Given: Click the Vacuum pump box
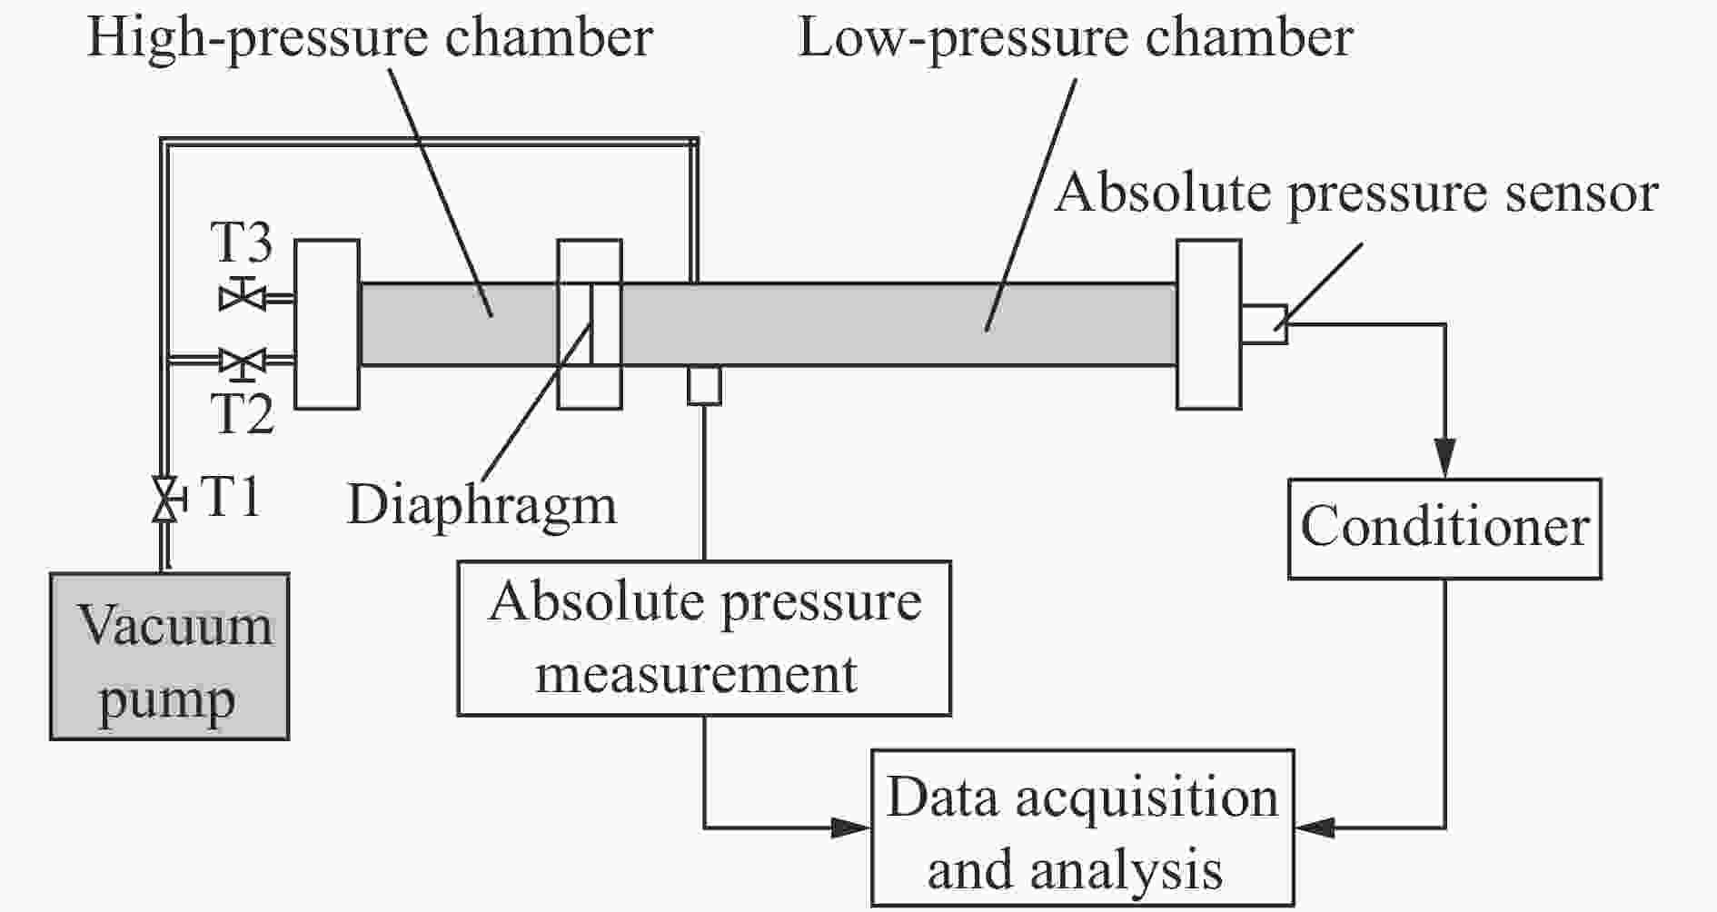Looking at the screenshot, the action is [169, 656].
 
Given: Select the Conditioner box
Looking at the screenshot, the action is [1444, 529].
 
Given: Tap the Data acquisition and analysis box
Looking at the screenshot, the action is [1082, 828].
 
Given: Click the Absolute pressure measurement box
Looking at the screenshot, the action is [704, 639].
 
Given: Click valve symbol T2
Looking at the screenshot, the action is [243, 362].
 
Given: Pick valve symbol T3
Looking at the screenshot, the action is [243, 295].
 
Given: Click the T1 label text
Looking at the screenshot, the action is [230, 498].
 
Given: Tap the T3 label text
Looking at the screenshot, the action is [242, 243].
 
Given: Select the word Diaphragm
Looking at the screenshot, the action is [481, 507].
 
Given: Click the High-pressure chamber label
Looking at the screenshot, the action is [369, 39].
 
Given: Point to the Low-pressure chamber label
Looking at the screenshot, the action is [1076, 39].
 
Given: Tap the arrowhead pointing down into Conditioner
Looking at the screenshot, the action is [1444, 460].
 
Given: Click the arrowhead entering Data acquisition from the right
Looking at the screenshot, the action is [1315, 828].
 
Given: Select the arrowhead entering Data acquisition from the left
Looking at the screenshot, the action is [850, 828].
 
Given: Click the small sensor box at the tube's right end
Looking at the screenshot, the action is [1264, 324].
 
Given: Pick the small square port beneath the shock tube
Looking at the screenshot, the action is [704, 385].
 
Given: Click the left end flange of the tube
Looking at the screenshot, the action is [327, 324].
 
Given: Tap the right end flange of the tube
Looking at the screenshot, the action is [1208, 324].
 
